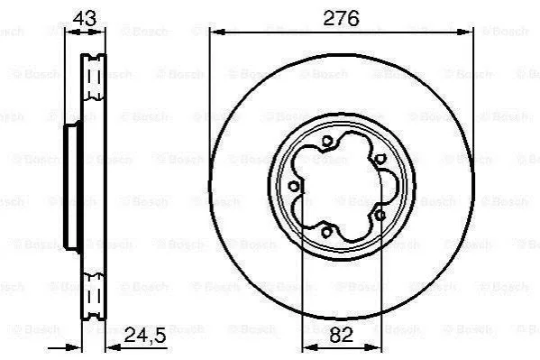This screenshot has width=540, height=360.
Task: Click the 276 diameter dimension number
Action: pyautogui.click(x=341, y=18)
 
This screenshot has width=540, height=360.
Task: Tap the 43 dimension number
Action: pyautogui.click(x=85, y=18)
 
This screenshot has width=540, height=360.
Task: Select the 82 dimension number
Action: pyautogui.click(x=342, y=335)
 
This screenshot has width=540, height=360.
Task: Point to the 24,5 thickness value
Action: pyautogui.click(x=145, y=335)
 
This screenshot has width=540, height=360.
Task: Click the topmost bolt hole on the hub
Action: pyautogui.click(x=327, y=141)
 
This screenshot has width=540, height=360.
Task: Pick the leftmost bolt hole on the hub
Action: pyautogui.click(x=293, y=187)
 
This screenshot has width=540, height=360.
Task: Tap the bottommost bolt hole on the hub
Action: pyautogui.click(x=326, y=231)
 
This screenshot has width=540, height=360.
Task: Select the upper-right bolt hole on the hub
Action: pyautogui.click(x=379, y=159)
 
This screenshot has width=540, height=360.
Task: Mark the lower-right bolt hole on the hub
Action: pyautogui.click(x=380, y=216)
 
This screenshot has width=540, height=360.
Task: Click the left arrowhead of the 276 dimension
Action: pyautogui.click(x=217, y=32)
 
